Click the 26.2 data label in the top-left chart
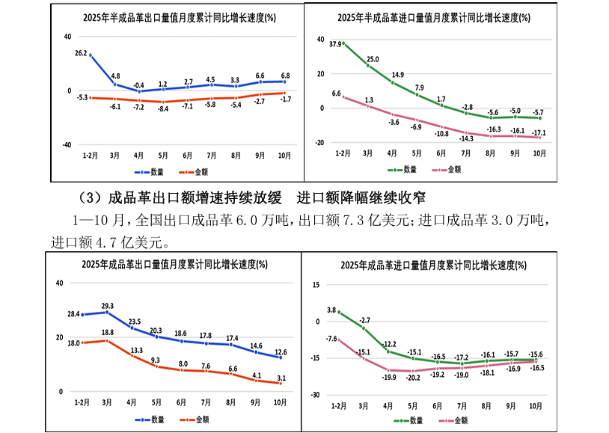pyautogui.click(x=82, y=53)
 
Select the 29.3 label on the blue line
pyautogui.click(x=107, y=305)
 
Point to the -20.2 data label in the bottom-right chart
pyautogui.click(x=413, y=378)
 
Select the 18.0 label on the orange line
pyautogui.click(x=74, y=343)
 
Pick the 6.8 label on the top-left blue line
pyautogui.click(x=286, y=75)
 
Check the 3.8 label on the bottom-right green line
pyautogui.click(x=331, y=309)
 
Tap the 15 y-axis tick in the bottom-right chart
pyautogui.click(x=316, y=285)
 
